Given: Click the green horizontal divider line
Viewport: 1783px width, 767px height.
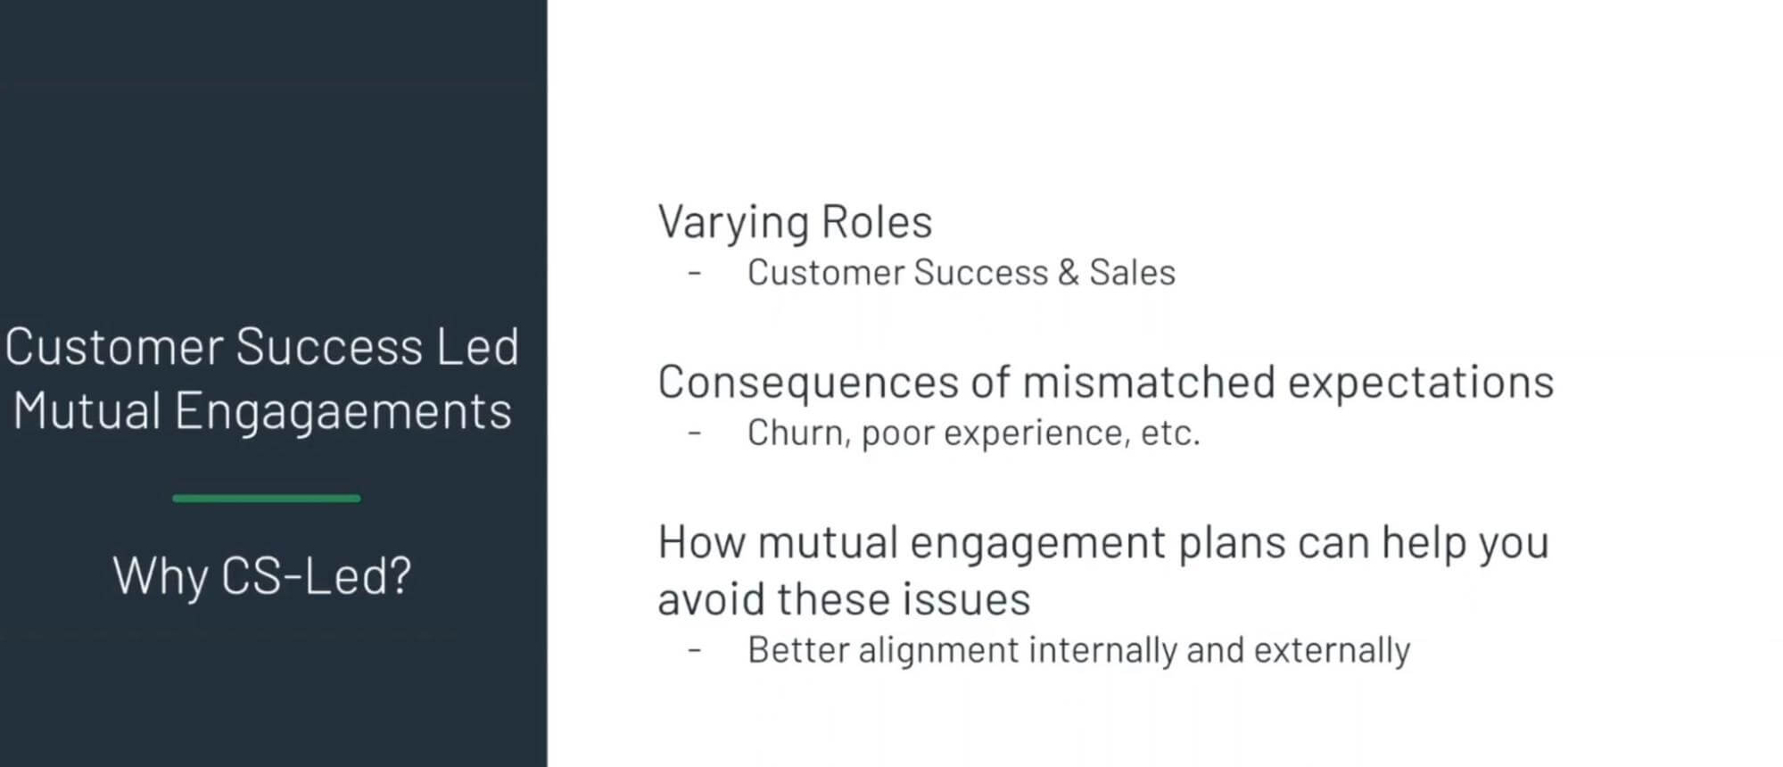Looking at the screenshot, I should (x=266, y=499).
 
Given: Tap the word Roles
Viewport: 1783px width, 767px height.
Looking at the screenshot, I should (x=876, y=221).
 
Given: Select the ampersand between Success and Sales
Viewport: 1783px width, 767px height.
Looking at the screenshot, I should (x=1068, y=273).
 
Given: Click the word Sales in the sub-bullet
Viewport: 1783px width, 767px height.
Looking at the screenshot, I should (x=1132, y=273).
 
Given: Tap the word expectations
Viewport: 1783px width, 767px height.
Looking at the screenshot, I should (x=1421, y=383).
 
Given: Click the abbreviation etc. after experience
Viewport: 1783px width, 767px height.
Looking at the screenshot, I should (x=1170, y=433).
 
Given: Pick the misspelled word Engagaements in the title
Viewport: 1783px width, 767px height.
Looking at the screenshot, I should (x=343, y=411).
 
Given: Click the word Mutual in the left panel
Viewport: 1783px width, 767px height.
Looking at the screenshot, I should (x=87, y=411).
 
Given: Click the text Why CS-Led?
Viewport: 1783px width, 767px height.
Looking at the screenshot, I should (x=262, y=575).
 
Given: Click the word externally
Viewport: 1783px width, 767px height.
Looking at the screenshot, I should (x=1332, y=650).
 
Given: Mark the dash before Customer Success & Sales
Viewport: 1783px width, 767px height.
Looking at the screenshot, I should (x=695, y=273).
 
